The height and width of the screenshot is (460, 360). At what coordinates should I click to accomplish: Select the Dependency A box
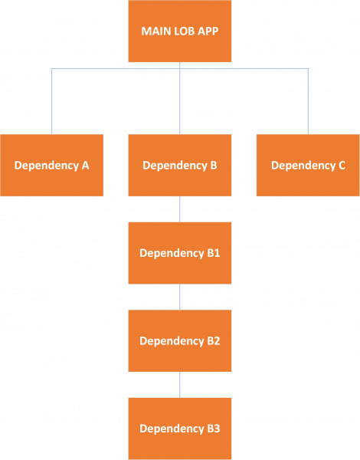52,165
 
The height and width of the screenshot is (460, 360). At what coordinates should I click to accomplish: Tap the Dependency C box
308,165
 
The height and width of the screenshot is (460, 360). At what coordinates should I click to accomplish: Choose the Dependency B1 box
180,252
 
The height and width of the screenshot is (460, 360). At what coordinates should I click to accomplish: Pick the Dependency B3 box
180,428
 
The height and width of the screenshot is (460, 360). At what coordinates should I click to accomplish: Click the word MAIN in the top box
155,31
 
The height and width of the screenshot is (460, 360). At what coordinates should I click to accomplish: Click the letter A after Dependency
86,166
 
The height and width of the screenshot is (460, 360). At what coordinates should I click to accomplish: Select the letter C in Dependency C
342,166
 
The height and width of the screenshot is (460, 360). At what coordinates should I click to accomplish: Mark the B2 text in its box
213,340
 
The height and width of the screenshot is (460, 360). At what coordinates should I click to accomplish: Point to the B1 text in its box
213,252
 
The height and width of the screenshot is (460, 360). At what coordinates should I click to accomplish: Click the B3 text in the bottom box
213,428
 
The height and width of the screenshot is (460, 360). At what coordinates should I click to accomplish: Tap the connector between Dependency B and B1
180,209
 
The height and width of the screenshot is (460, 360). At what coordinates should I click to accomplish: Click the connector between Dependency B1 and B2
180,297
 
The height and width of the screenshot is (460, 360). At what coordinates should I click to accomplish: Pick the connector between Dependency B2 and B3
180,385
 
